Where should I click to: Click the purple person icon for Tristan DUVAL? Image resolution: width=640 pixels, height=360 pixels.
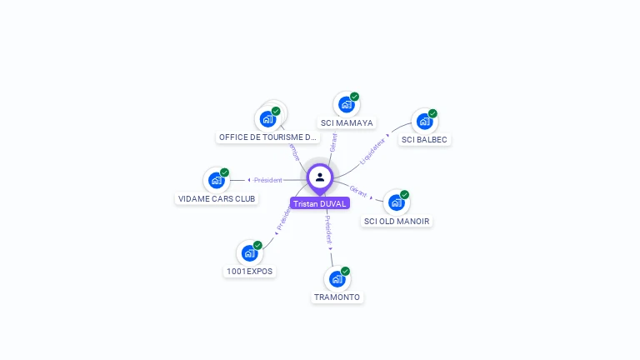[x=320, y=177]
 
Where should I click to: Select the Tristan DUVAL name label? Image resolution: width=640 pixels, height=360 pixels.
[x=320, y=203]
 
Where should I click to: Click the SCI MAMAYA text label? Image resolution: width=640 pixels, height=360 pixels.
[x=347, y=123]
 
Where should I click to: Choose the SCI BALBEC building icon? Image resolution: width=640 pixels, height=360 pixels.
[x=424, y=122]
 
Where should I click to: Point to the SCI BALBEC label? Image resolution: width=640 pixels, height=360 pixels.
[x=424, y=140]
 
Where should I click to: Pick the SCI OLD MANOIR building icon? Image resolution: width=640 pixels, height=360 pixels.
[x=396, y=202]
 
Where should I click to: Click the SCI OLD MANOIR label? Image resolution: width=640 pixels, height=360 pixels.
[x=397, y=222]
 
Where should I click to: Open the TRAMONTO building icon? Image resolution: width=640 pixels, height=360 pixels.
[x=337, y=279]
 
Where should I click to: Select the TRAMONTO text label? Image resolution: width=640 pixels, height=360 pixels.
[x=337, y=297]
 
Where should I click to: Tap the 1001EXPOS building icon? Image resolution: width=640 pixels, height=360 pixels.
[x=249, y=253]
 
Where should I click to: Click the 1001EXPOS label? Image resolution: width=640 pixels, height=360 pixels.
[x=250, y=272]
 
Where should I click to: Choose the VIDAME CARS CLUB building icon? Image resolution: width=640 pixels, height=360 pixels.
[x=216, y=180]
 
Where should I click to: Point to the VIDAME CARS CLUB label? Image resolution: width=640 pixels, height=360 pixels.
[x=217, y=199]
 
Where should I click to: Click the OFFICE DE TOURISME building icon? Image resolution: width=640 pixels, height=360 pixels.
[x=267, y=119]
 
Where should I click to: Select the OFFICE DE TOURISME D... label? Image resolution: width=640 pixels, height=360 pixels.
[x=267, y=137]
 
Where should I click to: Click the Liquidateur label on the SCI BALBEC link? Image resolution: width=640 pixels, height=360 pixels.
[x=372, y=151]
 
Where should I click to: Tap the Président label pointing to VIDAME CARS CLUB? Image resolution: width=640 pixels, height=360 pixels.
[x=268, y=180]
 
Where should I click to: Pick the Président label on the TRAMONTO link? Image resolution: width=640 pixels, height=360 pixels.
[x=328, y=228]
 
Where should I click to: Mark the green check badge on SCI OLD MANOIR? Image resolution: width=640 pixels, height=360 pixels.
[x=404, y=195]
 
